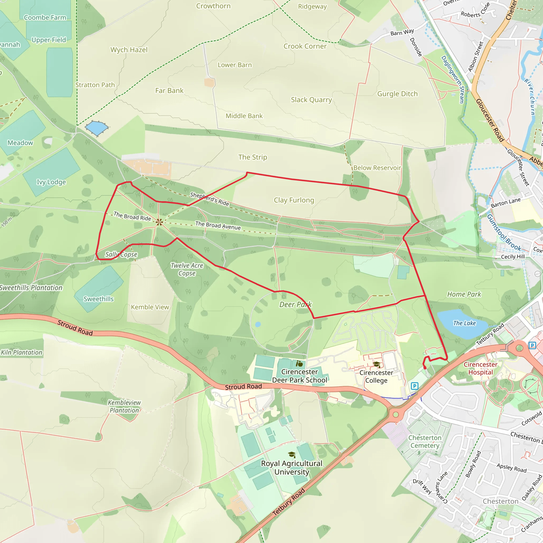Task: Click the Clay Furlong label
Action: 294,200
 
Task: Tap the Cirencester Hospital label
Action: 480,368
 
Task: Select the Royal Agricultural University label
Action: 291,467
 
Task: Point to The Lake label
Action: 464,323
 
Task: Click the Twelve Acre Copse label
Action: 187,269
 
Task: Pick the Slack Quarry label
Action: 312,100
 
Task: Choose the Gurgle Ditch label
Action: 397,94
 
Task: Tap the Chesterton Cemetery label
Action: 425,441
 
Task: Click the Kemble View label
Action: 150,307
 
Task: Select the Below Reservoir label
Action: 377,168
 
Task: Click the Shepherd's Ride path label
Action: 209,199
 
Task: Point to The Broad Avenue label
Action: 218,225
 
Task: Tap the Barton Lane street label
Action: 505,203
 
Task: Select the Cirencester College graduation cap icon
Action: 376,365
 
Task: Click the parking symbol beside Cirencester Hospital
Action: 532,345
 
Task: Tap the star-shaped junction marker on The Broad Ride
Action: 159,222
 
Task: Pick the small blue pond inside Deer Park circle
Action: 258,324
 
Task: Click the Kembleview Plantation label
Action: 124,406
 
